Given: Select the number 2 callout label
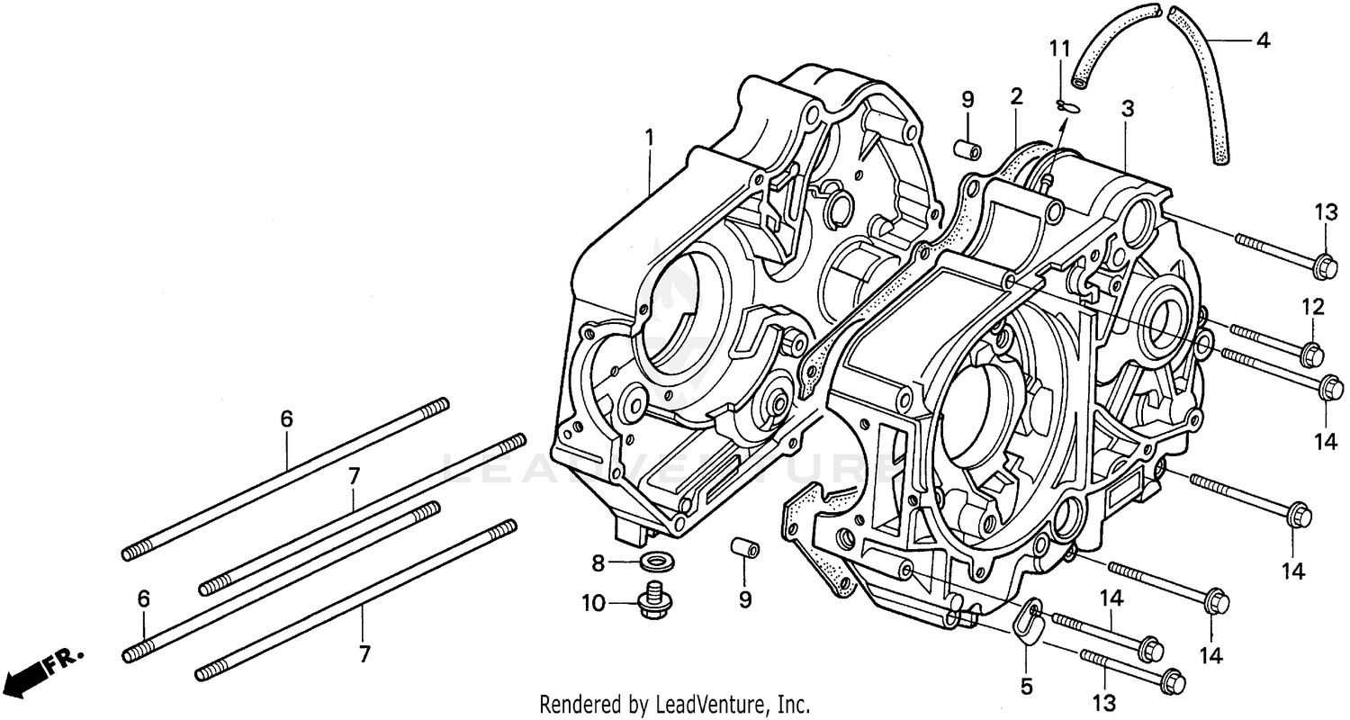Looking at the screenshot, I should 1016,96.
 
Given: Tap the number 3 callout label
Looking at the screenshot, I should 1127,110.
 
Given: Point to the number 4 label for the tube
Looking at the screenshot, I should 1263,40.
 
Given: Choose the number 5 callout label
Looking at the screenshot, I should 1026,687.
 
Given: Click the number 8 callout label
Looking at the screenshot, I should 597,564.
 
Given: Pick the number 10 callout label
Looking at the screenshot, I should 593,603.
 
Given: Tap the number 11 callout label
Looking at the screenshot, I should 1062,47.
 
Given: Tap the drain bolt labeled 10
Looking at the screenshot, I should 652,602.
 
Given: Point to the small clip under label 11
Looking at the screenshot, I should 1068,107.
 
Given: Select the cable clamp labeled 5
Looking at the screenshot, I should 1027,624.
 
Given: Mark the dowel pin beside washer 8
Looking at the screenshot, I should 743,548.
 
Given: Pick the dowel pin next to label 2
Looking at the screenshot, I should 967,147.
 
